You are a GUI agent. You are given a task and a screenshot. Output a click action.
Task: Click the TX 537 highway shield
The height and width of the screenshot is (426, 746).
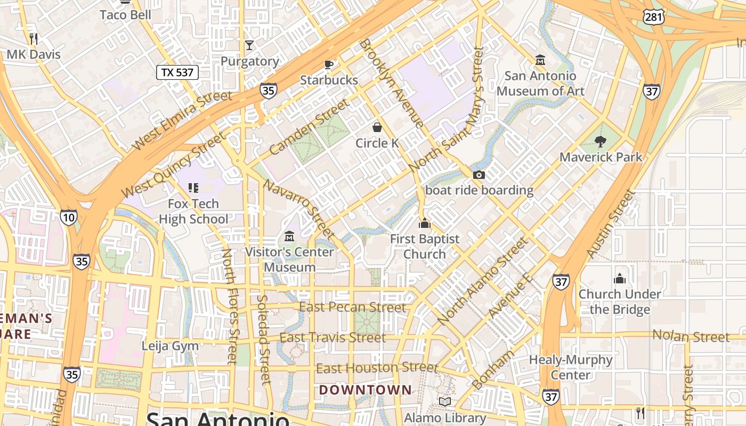(177, 72)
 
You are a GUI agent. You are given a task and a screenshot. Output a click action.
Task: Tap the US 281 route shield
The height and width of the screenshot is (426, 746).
(653, 17)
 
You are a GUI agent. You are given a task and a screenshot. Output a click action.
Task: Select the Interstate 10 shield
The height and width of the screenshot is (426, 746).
(68, 217)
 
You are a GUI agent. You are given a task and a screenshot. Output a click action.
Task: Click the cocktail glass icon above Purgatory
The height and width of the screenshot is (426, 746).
(249, 45)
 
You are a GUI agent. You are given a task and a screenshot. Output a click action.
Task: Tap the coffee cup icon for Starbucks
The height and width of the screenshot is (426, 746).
(329, 65)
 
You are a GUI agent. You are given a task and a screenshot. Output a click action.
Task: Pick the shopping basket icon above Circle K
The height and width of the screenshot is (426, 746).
(377, 127)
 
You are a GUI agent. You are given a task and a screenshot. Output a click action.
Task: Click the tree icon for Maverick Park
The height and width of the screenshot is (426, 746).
(601, 141)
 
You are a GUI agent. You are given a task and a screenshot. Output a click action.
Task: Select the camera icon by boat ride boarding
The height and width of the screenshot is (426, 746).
(479, 175)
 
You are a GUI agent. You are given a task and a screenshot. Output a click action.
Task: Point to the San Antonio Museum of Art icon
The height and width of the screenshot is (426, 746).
(540, 60)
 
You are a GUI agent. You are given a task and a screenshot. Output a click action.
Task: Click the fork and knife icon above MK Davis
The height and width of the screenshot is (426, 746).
(34, 38)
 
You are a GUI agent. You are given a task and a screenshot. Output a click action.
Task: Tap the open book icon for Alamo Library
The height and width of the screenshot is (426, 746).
(445, 402)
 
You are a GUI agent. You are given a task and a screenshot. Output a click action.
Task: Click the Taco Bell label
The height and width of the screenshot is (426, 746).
(125, 14)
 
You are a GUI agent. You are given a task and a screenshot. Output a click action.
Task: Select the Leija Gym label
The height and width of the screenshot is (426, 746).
(170, 346)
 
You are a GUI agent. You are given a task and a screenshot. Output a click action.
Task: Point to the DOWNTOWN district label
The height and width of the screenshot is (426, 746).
(365, 390)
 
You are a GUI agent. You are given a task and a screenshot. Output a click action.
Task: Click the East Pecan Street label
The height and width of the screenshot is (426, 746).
(352, 307)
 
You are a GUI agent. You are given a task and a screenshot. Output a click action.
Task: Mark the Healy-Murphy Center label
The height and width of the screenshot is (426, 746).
(570, 367)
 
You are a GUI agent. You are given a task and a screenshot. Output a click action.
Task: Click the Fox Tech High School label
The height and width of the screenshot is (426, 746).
(193, 211)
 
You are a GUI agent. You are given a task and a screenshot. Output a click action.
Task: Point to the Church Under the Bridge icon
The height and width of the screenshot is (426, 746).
(619, 278)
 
